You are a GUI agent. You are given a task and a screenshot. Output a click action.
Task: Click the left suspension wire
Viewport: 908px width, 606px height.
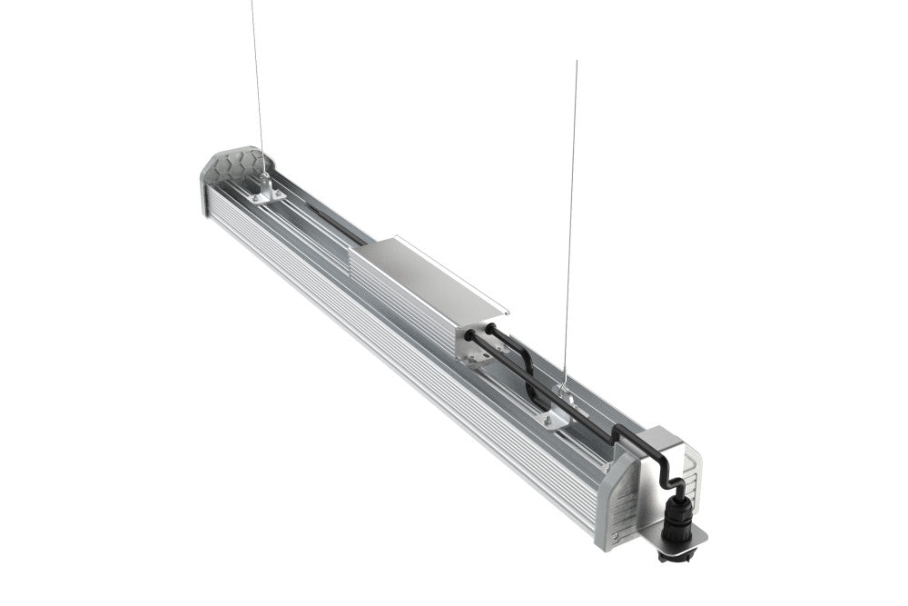(256, 82)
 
